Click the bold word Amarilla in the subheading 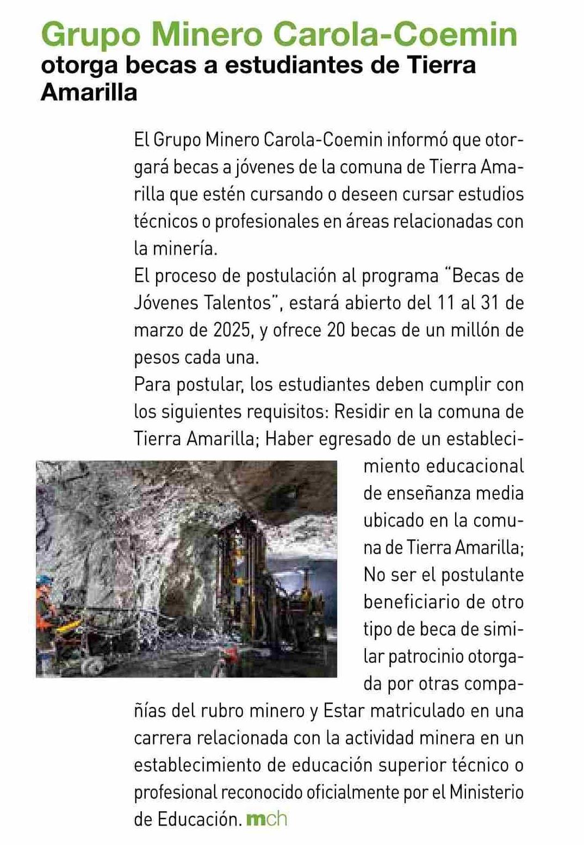pos(89,92)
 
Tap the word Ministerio pos(486,792)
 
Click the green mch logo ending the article pos(266,819)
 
